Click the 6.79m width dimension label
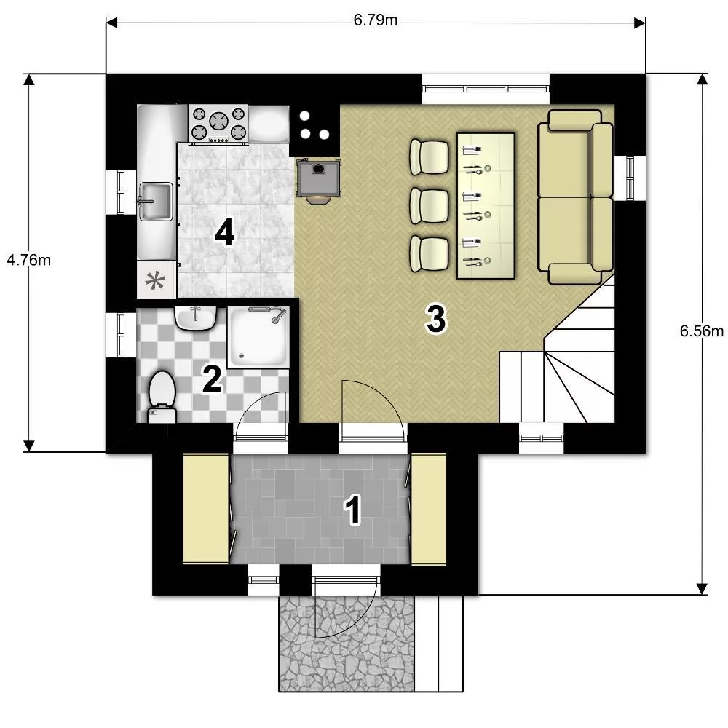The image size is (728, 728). (375, 20)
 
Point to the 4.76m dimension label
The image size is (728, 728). (28, 260)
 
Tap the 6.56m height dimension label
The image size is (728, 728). (702, 331)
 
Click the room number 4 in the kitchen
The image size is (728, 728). (225, 233)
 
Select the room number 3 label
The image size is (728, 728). (436, 319)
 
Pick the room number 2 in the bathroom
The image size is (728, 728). (212, 379)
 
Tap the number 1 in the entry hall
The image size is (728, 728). (352, 510)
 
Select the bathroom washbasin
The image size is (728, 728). (195, 318)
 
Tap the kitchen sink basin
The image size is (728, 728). (156, 202)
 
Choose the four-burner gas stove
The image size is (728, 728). (218, 124)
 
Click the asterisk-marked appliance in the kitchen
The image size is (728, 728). (156, 280)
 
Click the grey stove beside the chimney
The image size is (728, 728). (319, 179)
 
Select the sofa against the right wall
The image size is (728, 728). (575, 197)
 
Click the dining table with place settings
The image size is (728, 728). (486, 206)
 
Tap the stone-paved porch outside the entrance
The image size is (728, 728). (347, 643)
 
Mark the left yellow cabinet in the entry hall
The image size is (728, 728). (206, 509)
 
